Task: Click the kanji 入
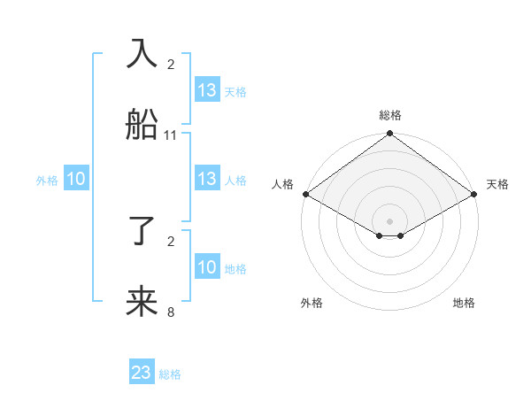(x=142, y=53)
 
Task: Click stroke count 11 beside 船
(x=171, y=135)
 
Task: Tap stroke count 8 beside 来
(x=171, y=312)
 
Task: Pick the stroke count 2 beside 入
(x=171, y=64)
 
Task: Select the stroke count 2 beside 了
(x=171, y=241)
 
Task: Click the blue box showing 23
(x=142, y=373)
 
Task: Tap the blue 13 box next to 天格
(x=207, y=90)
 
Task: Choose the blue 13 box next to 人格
(x=207, y=179)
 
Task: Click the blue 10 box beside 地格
(x=207, y=267)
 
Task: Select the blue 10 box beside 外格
(x=76, y=179)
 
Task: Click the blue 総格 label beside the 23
(x=170, y=374)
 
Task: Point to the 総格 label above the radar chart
(x=389, y=115)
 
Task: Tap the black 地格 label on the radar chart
(x=464, y=303)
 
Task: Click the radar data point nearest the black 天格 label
(x=475, y=194)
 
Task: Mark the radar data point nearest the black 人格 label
(x=305, y=194)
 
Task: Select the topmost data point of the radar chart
(x=389, y=135)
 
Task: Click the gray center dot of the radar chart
(x=389, y=220)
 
